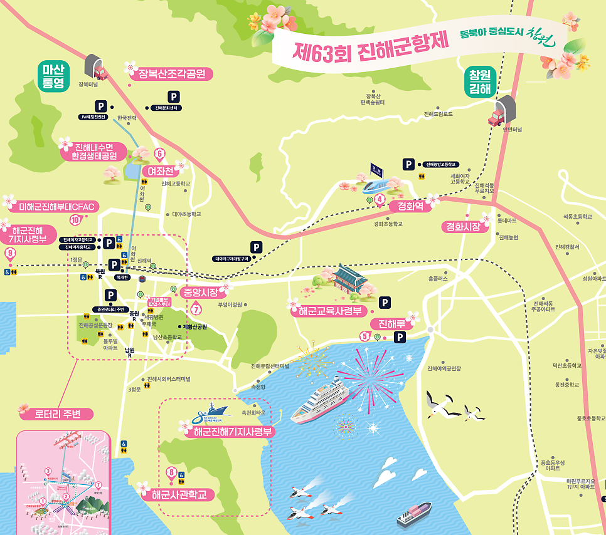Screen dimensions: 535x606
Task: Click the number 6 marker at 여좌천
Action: tap(159, 153)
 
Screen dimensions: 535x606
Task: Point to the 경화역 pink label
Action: tap(405, 205)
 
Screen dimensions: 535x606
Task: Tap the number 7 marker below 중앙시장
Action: tap(196, 308)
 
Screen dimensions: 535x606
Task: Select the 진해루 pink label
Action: tap(391, 323)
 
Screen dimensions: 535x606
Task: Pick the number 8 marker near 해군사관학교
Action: tap(171, 472)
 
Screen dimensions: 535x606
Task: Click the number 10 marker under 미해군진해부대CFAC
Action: tap(75, 220)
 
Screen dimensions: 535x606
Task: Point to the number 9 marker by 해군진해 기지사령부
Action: tap(9, 253)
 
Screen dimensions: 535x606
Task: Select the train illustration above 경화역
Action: tap(381, 183)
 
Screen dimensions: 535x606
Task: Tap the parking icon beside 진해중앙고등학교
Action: tap(408, 164)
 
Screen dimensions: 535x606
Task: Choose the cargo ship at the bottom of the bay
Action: tap(413, 514)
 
